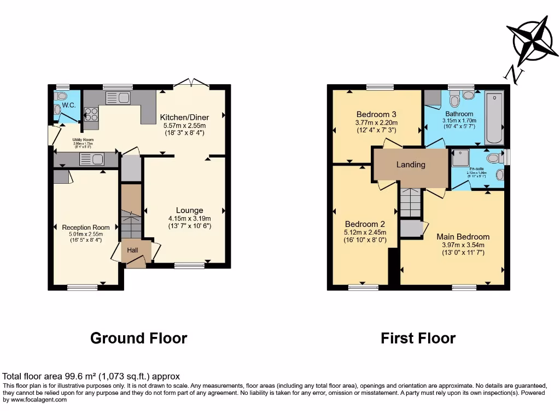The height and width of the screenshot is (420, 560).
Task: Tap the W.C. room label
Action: pyautogui.click(x=68, y=106)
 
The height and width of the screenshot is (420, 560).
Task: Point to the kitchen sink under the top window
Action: pyautogui.click(x=118, y=98)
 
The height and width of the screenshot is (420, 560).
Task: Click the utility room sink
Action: pyautogui.click(x=91, y=160)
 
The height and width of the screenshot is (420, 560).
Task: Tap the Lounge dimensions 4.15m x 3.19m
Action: pyautogui.click(x=189, y=218)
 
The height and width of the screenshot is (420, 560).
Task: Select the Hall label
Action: pyautogui.click(x=133, y=250)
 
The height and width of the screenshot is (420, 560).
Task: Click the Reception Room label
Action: pyautogui.click(x=86, y=227)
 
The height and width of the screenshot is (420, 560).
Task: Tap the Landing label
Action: pyautogui.click(x=411, y=165)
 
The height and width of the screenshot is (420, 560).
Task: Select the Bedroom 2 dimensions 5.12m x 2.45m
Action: pyautogui.click(x=365, y=232)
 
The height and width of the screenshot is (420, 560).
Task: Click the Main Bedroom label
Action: pyautogui.click(x=463, y=237)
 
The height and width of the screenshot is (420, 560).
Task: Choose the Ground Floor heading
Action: pyautogui.click(x=138, y=339)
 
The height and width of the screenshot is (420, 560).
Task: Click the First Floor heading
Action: pyautogui.click(x=418, y=339)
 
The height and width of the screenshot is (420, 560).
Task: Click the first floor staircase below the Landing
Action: pyautogui.click(x=410, y=203)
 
